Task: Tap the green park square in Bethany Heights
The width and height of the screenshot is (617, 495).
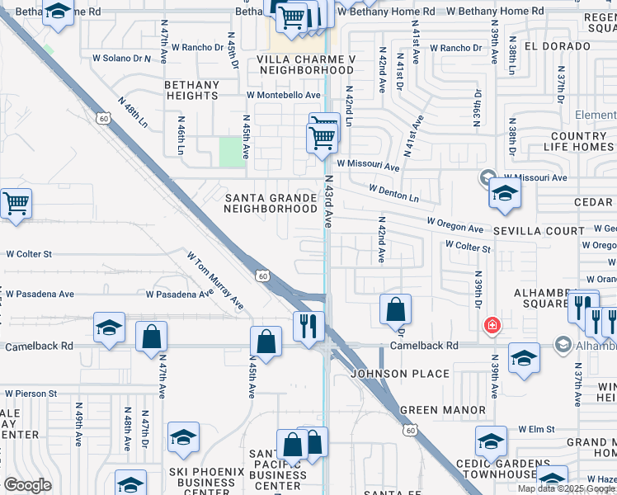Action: coord(232,152)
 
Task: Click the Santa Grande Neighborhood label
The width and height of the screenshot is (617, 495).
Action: coord(271,203)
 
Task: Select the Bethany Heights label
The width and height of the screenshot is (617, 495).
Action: coord(191,90)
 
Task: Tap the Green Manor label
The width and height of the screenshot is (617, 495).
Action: coord(443,409)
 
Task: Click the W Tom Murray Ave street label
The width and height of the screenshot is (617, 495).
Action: coord(215,280)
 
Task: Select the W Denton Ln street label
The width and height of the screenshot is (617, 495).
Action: coord(393,193)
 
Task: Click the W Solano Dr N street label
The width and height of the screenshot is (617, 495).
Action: coord(122,59)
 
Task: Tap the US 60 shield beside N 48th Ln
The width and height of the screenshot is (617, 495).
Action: coord(103,119)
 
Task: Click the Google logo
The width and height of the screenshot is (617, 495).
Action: coord(27,485)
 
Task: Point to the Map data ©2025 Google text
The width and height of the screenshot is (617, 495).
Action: coord(565,488)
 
